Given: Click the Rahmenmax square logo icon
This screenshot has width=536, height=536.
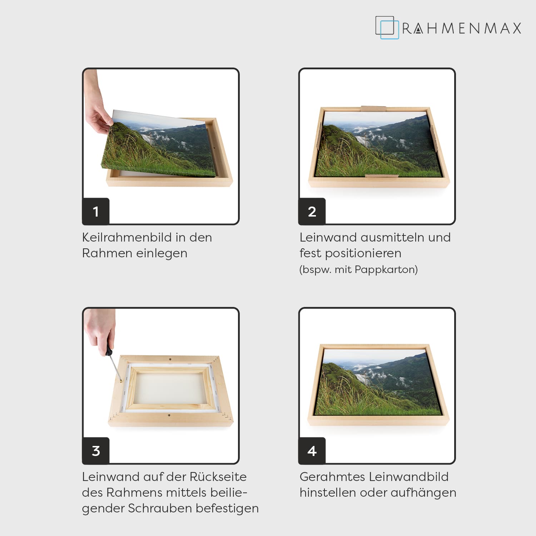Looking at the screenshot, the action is pyautogui.click(x=387, y=28).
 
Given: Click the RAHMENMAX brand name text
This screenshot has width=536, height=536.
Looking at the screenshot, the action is pyautogui.click(x=462, y=29).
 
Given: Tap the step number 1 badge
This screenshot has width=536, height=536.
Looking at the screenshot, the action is pyautogui.click(x=96, y=211).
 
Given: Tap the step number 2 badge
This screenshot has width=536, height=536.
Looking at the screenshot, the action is pyautogui.click(x=312, y=211).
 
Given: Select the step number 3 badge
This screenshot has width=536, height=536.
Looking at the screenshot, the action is pyautogui.click(x=96, y=451).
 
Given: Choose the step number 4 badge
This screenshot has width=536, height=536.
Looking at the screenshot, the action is pyautogui.click(x=312, y=451).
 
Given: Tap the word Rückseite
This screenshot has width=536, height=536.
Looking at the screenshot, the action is pyautogui.click(x=218, y=477).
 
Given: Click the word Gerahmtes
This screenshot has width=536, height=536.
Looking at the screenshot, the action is pyautogui.click(x=332, y=477).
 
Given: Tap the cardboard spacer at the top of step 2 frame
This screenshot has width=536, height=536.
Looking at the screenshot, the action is pyautogui.click(x=374, y=109).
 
